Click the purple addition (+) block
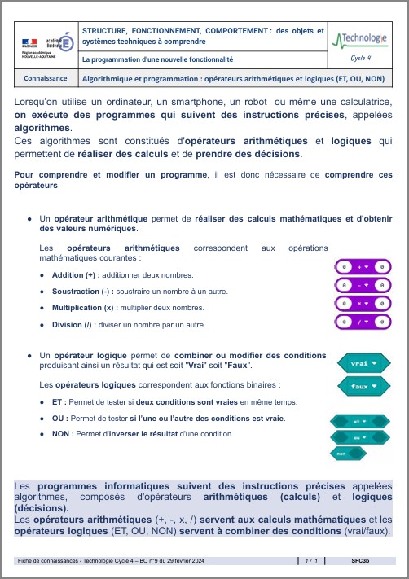[363, 266]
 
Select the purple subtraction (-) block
[363, 285]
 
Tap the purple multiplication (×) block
[363, 304]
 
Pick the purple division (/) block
[363, 323]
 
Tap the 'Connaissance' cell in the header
[46, 78]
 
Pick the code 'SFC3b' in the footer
[360, 561]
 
